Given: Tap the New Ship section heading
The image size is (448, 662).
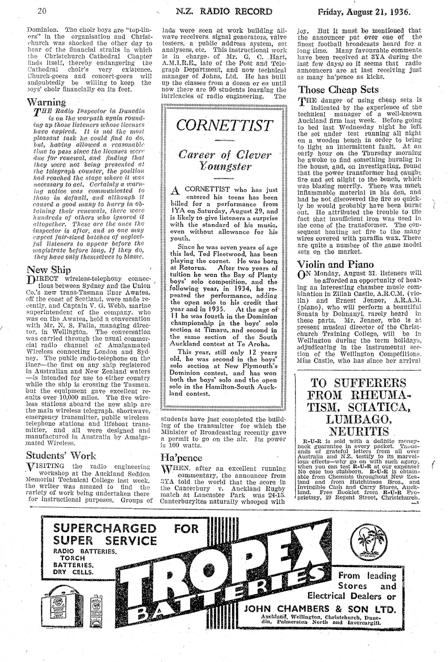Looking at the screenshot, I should pyautogui.click(x=48, y=269).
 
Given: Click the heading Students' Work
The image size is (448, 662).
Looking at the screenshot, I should pyautogui.click(x=61, y=455).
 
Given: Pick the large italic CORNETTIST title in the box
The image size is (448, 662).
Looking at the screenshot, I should pyautogui.click(x=224, y=125).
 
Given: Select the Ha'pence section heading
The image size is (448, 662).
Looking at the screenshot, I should pyautogui.click(x=181, y=457).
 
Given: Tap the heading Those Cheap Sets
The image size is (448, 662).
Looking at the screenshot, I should pyautogui.click(x=338, y=90).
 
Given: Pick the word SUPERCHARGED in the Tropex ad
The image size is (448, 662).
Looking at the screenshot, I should pyautogui.click(x=105, y=528).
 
